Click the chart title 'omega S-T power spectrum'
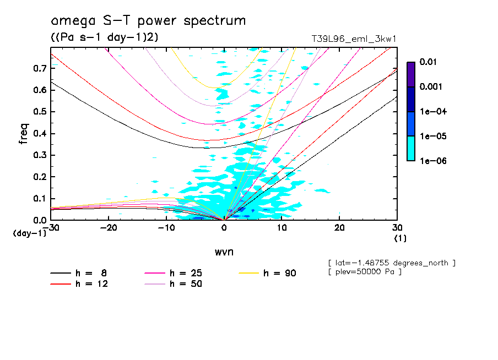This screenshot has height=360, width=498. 148,21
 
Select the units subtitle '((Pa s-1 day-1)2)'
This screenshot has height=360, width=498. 100,37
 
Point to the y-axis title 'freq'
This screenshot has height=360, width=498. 23,133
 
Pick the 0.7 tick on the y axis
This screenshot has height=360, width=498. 41,68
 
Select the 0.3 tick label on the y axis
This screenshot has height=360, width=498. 41,155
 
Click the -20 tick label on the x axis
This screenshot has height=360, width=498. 109,228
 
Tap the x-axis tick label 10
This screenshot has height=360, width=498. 282,228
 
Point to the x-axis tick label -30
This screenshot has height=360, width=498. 51,228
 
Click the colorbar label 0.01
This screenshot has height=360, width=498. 429,62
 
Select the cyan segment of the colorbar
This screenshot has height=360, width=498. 410,148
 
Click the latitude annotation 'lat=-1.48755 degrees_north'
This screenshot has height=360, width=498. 392,263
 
